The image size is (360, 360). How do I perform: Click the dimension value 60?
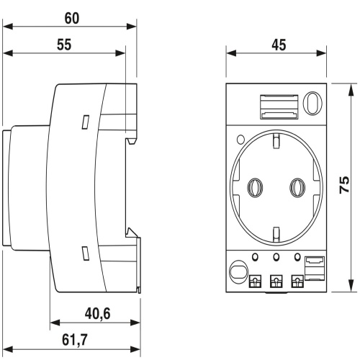[x=72, y=18]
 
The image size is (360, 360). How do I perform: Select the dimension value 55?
[x=64, y=45]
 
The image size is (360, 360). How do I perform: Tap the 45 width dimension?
[x=279, y=45]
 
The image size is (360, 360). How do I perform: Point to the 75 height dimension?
[x=344, y=184]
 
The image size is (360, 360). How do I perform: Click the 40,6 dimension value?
[x=97, y=314]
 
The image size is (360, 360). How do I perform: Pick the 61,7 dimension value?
[x=75, y=340]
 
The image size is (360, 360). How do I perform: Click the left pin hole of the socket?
[x=255, y=188]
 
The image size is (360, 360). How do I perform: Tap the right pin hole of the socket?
[x=297, y=188]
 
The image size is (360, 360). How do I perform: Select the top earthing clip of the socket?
[x=276, y=140]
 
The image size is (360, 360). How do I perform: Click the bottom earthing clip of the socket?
[x=276, y=233]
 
